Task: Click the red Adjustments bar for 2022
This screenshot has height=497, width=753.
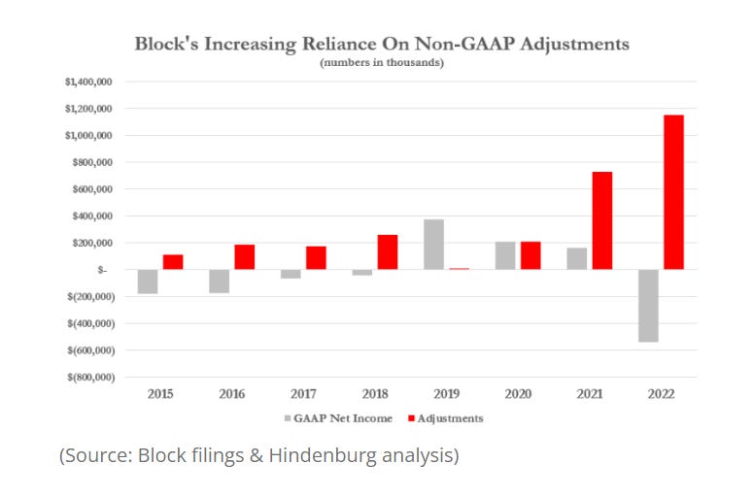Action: pyautogui.click(x=673, y=192)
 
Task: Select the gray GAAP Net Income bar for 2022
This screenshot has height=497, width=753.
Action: pyautogui.click(x=648, y=305)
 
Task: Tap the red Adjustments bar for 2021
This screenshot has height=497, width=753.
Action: pyautogui.click(x=601, y=220)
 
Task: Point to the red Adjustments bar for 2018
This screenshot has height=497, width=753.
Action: pyautogui.click(x=387, y=251)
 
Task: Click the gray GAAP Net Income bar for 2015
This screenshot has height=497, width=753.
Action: pyautogui.click(x=147, y=281)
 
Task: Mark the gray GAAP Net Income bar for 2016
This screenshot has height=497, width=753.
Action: pyautogui.click(x=219, y=281)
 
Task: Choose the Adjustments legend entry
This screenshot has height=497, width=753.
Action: pyautogui.click(x=448, y=418)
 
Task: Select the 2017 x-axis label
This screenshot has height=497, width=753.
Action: pyautogui.click(x=303, y=393)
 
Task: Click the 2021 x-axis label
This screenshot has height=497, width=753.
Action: pyautogui.click(x=590, y=393)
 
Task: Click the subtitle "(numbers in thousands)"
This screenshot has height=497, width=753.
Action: pyautogui.click(x=381, y=62)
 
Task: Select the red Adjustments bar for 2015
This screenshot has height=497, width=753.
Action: pyautogui.click(x=172, y=262)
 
